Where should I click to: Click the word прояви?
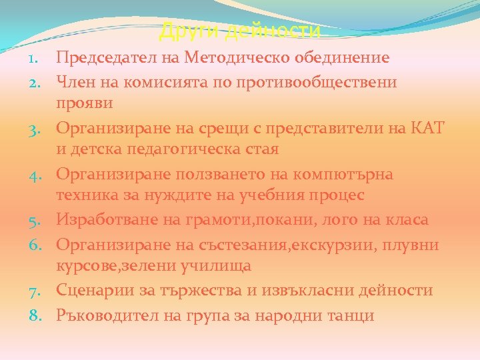click(x=85, y=104)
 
